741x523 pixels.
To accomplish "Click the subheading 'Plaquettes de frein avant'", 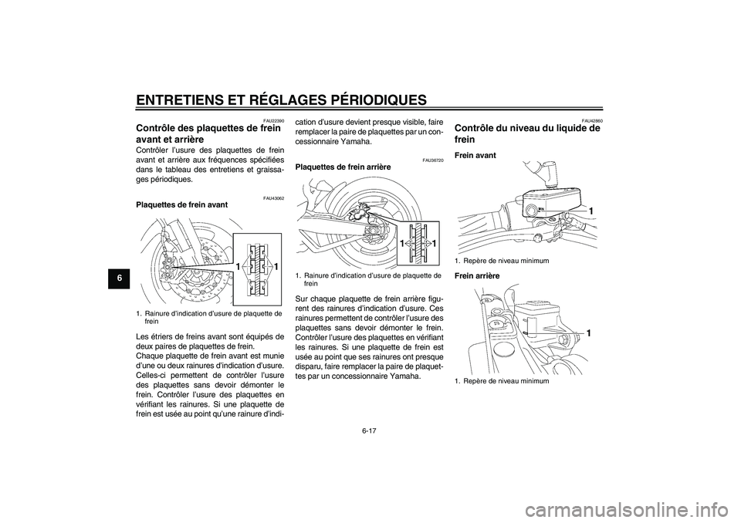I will tap(181, 205).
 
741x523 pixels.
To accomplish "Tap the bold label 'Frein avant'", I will tap(475, 155).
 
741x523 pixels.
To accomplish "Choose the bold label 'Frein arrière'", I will tap(478, 275).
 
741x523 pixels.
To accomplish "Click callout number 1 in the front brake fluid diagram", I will tap(590, 210).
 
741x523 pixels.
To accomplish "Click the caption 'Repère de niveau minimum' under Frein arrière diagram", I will tap(502, 381).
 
